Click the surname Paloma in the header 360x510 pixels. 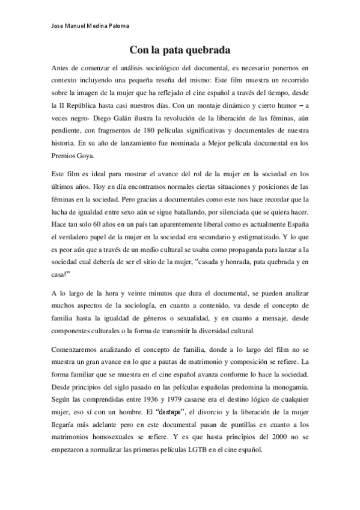(115, 25)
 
